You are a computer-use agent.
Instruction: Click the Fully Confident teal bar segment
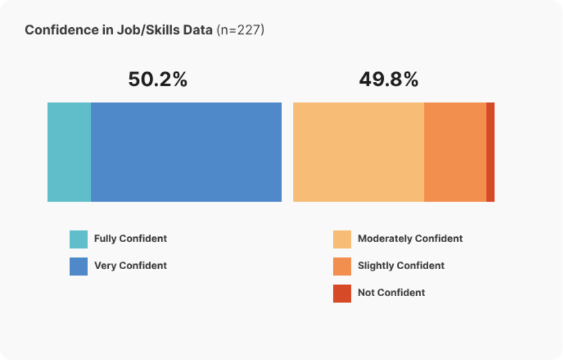(69, 152)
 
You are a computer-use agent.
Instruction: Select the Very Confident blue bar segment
(186, 152)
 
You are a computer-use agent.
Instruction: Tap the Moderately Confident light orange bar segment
(358, 152)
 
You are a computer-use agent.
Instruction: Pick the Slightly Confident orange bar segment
(455, 152)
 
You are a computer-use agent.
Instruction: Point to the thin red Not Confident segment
(490, 152)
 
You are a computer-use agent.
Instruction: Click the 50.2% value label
(158, 79)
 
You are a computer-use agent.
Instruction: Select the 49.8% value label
(388, 79)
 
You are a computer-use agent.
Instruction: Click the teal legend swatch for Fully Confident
(78, 239)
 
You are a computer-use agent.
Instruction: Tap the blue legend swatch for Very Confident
(78, 266)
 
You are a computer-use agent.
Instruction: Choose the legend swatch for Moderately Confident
(342, 239)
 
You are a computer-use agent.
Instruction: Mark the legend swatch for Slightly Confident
(342, 266)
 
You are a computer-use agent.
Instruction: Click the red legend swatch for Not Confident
(342, 293)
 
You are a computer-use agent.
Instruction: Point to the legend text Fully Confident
(131, 238)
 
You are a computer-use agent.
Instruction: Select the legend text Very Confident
(131, 265)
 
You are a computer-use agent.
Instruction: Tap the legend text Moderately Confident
(410, 238)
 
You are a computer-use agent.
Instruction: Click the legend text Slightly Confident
(401, 265)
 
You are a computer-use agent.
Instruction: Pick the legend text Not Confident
(392, 293)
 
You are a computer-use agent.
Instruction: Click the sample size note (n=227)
(240, 29)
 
